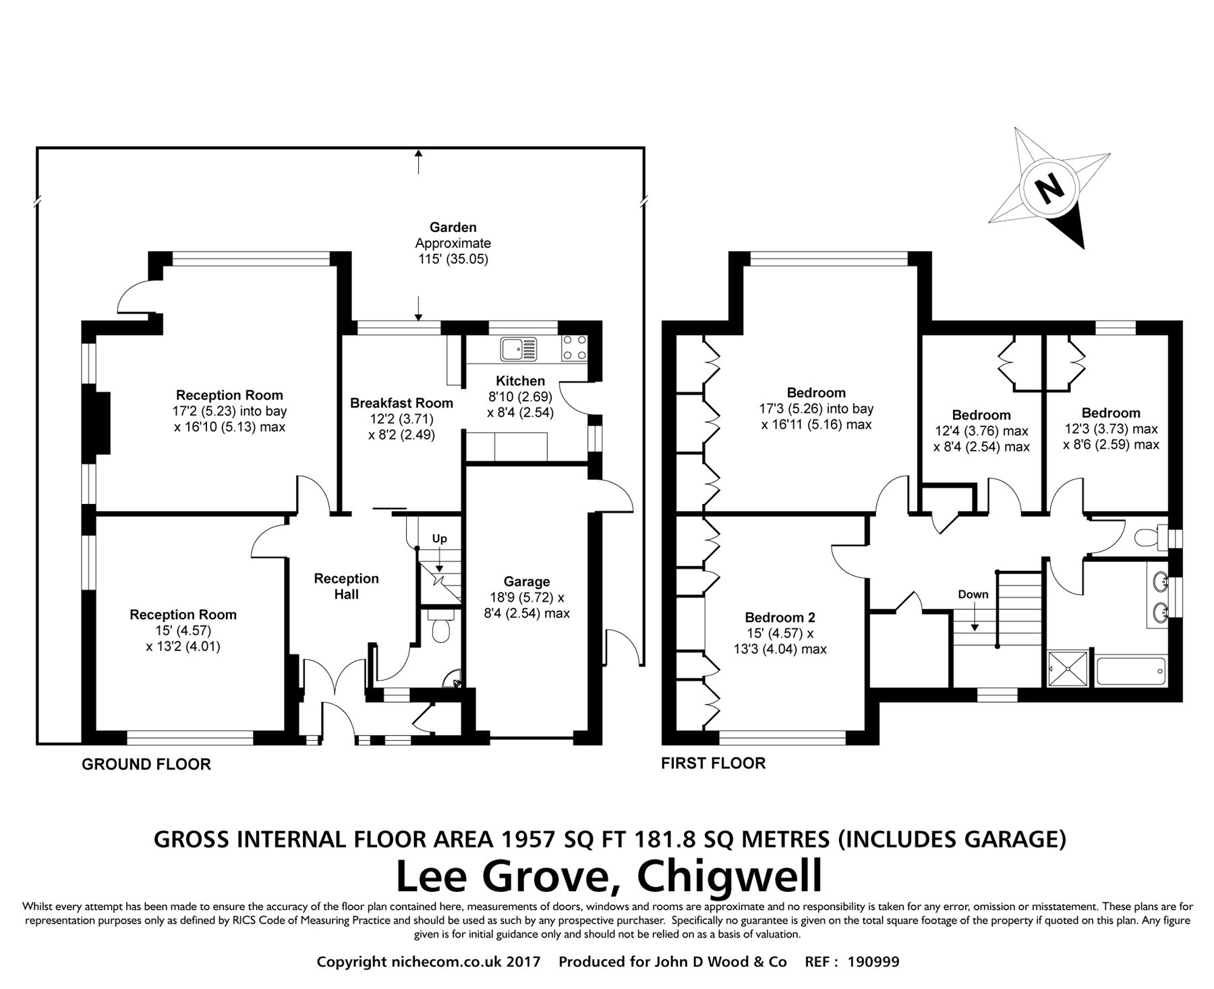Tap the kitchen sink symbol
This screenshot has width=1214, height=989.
point(517,349)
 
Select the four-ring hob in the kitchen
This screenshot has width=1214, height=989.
point(574,348)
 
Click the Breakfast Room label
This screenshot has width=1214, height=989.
point(401,403)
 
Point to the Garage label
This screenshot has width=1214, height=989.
point(527,582)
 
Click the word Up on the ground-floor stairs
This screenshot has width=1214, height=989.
point(439,538)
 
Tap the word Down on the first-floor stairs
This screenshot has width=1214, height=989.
point(973,594)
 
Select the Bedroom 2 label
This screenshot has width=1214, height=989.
point(780,617)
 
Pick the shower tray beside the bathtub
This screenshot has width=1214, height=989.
point(1068,669)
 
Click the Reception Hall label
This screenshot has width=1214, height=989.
point(347,586)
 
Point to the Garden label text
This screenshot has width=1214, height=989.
point(453,228)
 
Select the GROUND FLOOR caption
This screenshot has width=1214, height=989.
point(146,764)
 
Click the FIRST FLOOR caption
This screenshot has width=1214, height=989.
point(714,763)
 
